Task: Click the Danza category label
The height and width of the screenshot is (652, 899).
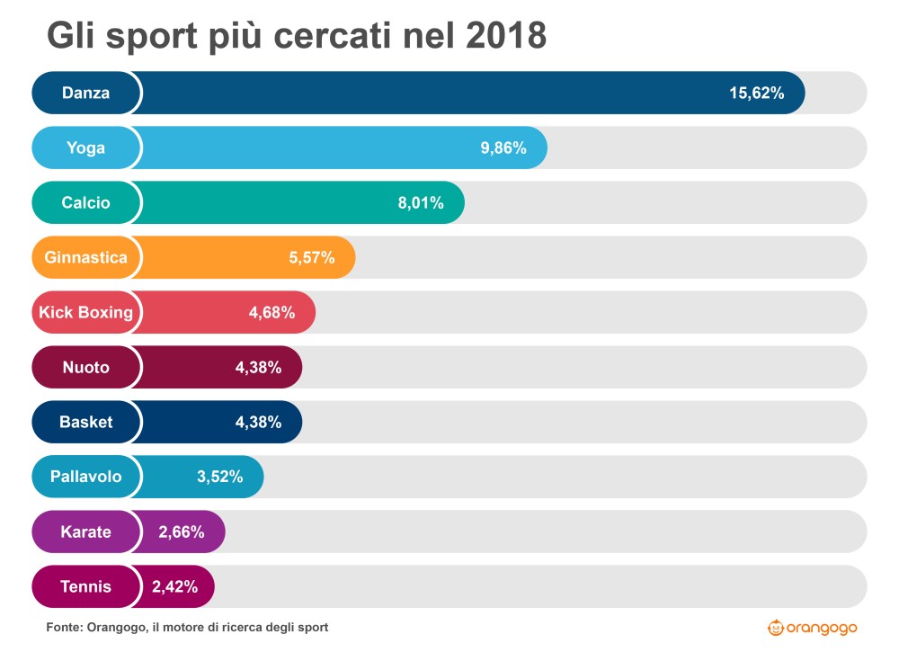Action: tap(86, 93)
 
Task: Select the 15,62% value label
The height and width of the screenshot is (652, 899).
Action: tap(756, 94)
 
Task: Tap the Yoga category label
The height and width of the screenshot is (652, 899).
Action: tap(86, 147)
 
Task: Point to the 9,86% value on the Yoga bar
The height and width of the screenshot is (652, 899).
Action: tap(503, 148)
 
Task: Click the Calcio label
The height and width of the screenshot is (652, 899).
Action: tap(86, 202)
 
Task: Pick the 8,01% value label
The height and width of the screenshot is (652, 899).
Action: tap(421, 203)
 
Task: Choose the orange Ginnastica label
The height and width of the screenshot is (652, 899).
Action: tap(86, 257)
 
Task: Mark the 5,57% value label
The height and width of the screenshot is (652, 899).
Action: tap(311, 258)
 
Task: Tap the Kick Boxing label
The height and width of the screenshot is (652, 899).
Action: tap(86, 312)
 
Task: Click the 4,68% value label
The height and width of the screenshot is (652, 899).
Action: tap(271, 313)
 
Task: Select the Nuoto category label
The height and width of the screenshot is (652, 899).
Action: tap(86, 367)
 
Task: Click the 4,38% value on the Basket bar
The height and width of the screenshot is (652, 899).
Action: tap(258, 423)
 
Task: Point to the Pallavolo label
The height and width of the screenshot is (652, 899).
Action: tap(86, 477)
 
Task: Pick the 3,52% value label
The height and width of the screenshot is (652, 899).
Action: tap(220, 478)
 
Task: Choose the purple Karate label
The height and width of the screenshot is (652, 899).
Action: tap(86, 531)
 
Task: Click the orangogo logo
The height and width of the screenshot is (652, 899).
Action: tap(813, 627)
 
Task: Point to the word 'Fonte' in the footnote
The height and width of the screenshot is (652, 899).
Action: tap(64, 627)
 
